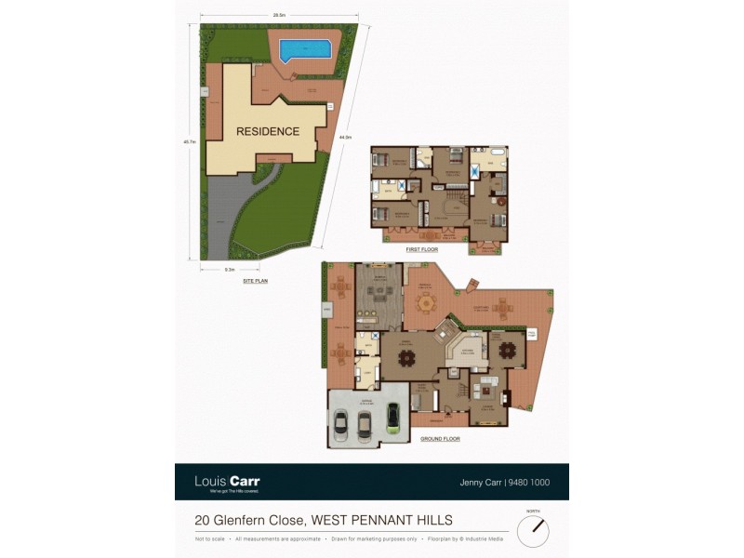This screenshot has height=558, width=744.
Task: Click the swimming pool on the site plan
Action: (x=304, y=48)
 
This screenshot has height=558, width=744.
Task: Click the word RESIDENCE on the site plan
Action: (x=267, y=131)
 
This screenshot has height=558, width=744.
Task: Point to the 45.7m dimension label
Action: (x=190, y=142)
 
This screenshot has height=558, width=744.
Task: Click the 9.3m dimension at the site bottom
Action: (x=229, y=269)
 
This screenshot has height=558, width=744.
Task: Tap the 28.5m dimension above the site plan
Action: (x=278, y=16)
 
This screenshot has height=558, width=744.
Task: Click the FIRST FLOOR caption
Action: (x=421, y=250)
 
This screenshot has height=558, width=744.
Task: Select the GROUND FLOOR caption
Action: (x=440, y=437)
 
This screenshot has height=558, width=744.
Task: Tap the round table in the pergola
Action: (x=426, y=302)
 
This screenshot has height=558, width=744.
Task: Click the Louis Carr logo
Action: (x=227, y=482)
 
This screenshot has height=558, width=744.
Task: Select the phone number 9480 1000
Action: (x=532, y=482)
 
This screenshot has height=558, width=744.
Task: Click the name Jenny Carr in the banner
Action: (x=480, y=482)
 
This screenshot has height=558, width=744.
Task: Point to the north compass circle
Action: (x=533, y=531)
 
